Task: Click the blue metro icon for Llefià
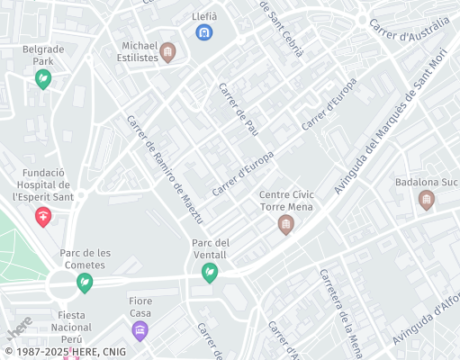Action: point(204,34)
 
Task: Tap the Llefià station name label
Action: point(204,16)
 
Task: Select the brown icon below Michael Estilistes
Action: point(168,57)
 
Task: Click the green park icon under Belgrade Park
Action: point(42,81)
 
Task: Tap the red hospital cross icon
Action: point(42,217)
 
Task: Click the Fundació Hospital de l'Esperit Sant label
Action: point(41,184)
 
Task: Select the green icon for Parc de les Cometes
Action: point(84,284)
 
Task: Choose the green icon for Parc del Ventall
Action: point(210,273)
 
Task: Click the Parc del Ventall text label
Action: point(211,249)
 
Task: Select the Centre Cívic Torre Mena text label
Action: point(286,201)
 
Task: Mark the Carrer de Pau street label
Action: point(239,109)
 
